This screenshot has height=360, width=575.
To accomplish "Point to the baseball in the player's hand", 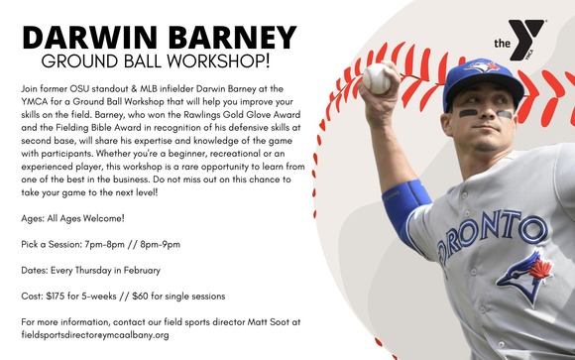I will point(377,77).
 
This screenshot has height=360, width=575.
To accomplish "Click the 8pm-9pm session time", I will point(173,242).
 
